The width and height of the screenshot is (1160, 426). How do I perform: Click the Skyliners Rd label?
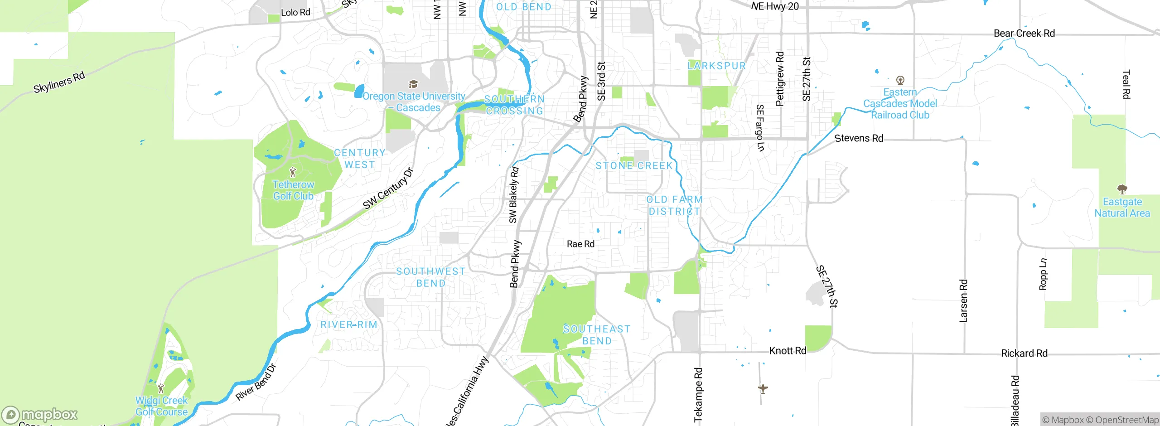(59, 82)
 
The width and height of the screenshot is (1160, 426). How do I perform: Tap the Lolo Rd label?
(295, 12)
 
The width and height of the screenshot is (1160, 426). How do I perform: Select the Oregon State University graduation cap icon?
(413, 84)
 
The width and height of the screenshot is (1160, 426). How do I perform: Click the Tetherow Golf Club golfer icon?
(293, 172)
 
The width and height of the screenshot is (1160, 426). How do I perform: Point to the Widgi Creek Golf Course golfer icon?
(161, 388)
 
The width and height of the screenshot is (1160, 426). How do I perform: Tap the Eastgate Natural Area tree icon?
(1122, 189)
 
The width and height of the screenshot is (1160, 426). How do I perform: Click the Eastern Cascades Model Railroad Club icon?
(900, 80)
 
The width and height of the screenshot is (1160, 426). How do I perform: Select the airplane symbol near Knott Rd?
(763, 388)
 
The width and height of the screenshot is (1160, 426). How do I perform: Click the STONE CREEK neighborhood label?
(634, 166)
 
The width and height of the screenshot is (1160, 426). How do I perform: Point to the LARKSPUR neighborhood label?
(716, 66)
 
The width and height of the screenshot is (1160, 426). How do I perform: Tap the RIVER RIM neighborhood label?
(349, 324)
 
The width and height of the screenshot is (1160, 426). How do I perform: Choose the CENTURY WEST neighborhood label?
(360, 159)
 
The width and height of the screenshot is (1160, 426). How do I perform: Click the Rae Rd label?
(580, 244)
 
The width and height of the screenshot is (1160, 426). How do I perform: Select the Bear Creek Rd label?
(1024, 33)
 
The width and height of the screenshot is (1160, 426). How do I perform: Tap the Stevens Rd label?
(859, 138)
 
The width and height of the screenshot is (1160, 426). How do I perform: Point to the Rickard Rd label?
(1024, 353)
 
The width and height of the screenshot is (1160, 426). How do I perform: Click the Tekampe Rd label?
(698, 395)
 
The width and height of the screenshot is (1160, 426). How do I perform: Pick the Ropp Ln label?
(1043, 274)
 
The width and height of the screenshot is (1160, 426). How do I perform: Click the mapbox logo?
(40, 414)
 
